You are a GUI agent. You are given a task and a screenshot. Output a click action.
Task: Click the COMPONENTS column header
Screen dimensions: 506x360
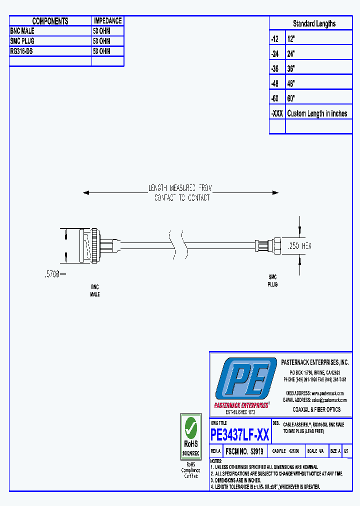coord(50,21)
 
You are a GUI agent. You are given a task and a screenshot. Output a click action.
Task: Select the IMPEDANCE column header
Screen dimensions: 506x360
coord(107,21)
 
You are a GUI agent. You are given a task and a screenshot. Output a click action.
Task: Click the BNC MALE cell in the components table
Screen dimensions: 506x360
coord(22,31)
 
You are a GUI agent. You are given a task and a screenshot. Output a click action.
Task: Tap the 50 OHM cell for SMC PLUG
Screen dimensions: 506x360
coord(101,41)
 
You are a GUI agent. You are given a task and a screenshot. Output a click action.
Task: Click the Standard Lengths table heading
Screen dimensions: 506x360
coord(314,23)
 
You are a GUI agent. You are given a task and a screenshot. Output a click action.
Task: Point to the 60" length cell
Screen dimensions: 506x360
coord(291,98)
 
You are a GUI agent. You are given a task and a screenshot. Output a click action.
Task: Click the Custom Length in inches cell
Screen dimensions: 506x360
coord(317,113)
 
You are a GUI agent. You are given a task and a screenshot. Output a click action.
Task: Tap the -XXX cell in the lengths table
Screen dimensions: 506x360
coord(277,113)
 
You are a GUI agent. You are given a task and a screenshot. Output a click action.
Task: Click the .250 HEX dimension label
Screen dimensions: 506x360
coord(300,246)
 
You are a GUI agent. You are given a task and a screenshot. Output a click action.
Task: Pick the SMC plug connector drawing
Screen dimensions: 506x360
coord(267,245)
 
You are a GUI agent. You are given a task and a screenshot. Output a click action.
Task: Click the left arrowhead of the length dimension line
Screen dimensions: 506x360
coord(86,192)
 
